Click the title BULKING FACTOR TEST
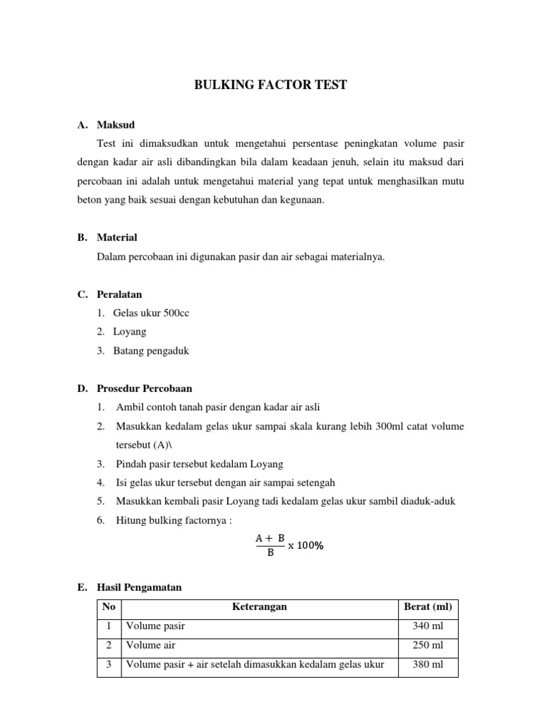[271, 85]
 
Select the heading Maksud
[116, 125]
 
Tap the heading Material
[117, 237]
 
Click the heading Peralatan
[120, 294]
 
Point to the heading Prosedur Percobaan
[145, 388]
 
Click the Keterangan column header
[259, 607]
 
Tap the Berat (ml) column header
[428, 607]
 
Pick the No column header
[108, 607]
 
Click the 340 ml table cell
[428, 626]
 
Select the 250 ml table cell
[428, 645]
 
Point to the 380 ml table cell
[428, 664]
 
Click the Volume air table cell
[150, 645]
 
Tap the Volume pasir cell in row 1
[155, 626]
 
